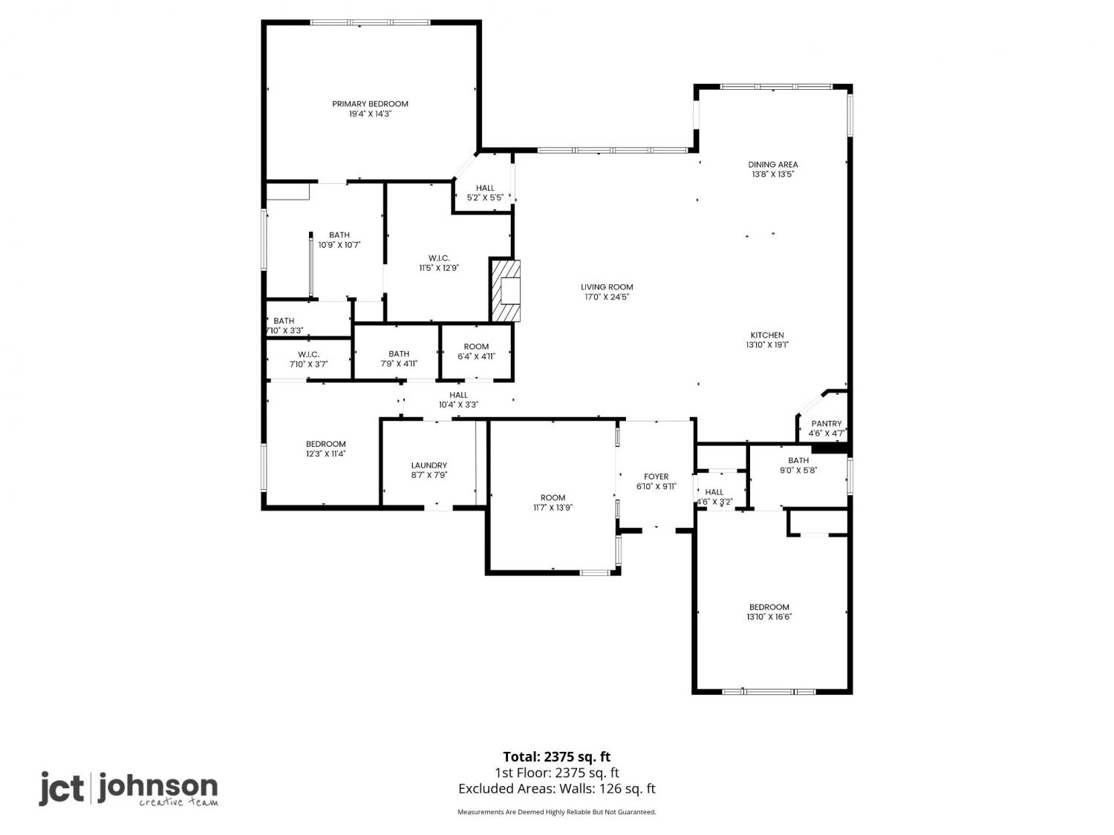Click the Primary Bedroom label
pos(370,104)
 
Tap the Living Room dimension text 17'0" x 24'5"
pos(607,297)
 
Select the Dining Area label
pos(772,164)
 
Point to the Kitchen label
pos(767,335)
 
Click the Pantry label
pos(827,423)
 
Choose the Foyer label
pos(656,477)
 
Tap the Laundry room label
pos(429,465)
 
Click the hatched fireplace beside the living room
pos(506,290)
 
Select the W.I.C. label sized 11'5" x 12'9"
pos(439,258)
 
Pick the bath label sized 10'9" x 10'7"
pos(339,235)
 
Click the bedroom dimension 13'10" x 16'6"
pos(769,617)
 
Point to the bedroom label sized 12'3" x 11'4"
pos(325,444)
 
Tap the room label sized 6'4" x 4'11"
pos(476,347)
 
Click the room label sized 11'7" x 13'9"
pos(553,498)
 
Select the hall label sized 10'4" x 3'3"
pos(458,395)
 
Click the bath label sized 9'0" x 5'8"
pos(798,460)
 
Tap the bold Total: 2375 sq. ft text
pos(556,757)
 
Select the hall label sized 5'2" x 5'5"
pos(485,188)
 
